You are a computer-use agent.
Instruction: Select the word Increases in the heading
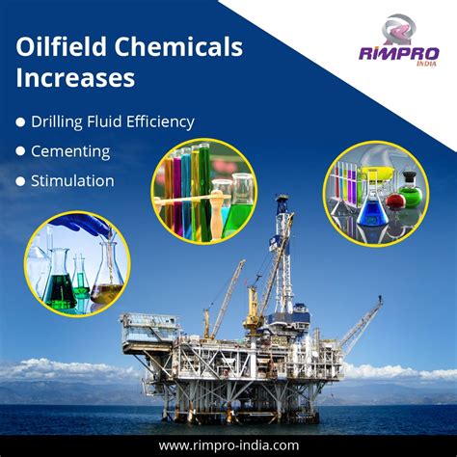[x=74, y=78]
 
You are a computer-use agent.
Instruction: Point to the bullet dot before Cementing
[x=20, y=151]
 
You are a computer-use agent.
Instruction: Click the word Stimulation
[x=72, y=180]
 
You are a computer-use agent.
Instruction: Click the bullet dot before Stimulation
[x=20, y=180]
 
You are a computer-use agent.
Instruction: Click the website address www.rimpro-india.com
[x=228, y=444]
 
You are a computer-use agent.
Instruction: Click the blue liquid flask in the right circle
[x=369, y=207]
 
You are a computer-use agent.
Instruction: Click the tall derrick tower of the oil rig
[x=282, y=260]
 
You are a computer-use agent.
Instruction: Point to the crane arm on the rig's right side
[x=362, y=323]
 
